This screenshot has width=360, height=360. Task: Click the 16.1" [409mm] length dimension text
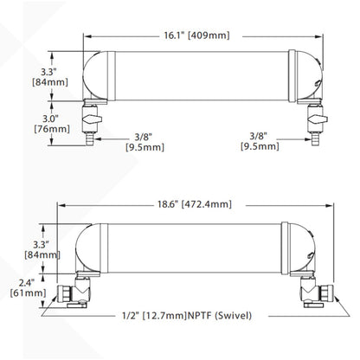click(x=197, y=35)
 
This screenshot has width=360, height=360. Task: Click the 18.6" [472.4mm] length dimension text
click(x=195, y=204)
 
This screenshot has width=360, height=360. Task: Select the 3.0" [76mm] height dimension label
click(x=52, y=124)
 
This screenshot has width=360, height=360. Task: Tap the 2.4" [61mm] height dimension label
click(x=29, y=288)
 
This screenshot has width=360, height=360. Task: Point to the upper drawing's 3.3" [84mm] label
click(x=50, y=77)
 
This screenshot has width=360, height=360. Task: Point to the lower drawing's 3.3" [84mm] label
click(x=42, y=250)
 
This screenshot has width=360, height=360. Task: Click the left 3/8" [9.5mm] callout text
click(x=145, y=142)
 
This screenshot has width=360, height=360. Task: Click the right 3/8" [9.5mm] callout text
click(x=260, y=141)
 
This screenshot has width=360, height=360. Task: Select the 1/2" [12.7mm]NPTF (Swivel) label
click(x=187, y=316)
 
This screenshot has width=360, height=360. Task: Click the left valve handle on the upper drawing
click(x=92, y=119)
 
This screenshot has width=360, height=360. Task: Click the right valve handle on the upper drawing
click(x=318, y=119)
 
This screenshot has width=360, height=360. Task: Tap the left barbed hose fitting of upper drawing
click(x=89, y=138)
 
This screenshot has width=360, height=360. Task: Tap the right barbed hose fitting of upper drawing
click(x=314, y=138)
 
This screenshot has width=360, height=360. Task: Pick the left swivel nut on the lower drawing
click(x=64, y=293)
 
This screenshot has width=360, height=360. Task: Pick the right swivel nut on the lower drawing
click(x=326, y=293)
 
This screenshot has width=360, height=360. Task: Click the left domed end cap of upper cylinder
click(x=95, y=75)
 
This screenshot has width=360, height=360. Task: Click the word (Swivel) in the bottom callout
click(x=234, y=316)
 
